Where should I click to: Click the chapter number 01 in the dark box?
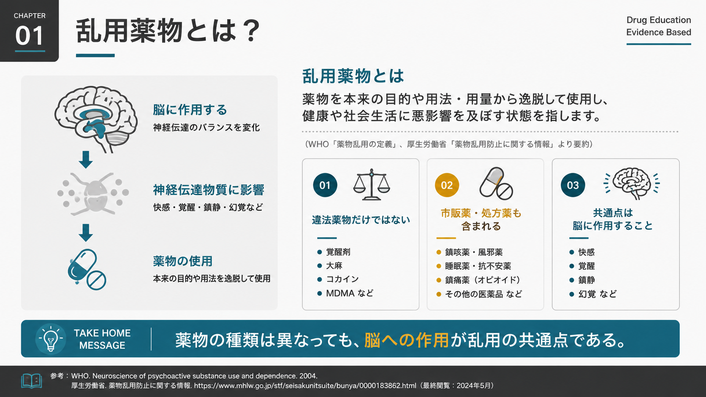(x=29, y=35)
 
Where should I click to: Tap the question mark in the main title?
(x=251, y=30)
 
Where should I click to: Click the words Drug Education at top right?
(x=658, y=20)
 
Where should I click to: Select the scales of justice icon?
(x=372, y=184)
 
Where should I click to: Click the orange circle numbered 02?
(x=447, y=185)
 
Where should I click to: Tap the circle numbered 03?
(x=573, y=185)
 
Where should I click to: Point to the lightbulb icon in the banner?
(x=51, y=339)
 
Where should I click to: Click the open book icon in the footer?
(x=32, y=381)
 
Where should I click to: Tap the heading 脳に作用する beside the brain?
(x=190, y=110)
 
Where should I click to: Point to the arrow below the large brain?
(x=85, y=159)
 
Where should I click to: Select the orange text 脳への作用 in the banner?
(x=407, y=340)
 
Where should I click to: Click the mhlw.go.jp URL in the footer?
(x=305, y=386)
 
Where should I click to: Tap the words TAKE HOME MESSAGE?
(x=102, y=339)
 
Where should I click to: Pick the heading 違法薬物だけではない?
(x=361, y=220)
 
